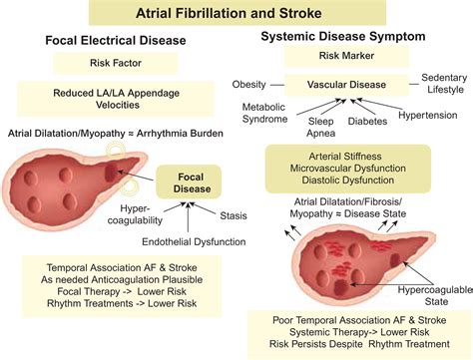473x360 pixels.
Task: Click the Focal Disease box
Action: tap(189, 182)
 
